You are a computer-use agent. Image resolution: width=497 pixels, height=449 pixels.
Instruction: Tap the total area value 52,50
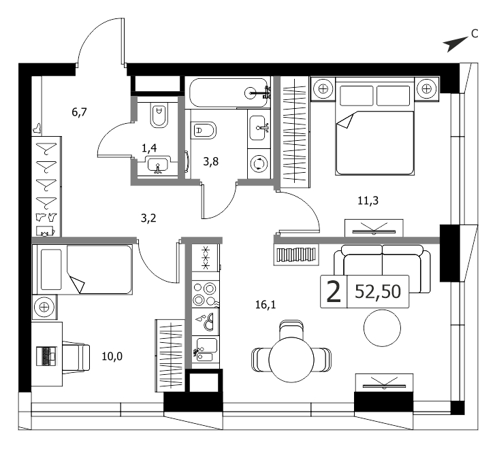(378, 292)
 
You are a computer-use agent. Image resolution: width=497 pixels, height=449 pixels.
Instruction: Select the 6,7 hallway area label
(79, 112)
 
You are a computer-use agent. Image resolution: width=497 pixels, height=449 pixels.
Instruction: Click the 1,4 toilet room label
(149, 148)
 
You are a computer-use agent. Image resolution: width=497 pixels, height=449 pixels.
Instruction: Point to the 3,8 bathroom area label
(211, 161)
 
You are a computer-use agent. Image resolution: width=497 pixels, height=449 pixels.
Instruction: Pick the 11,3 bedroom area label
(368, 201)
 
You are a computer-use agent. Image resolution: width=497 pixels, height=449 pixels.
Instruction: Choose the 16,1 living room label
(266, 305)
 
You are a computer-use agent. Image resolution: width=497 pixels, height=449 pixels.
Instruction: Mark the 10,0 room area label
(112, 356)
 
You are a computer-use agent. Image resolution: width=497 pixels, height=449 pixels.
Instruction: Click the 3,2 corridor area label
(148, 218)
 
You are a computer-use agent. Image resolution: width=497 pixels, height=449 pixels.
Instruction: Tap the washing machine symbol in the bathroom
(259, 164)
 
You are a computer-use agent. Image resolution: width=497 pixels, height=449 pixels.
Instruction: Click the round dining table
(291, 360)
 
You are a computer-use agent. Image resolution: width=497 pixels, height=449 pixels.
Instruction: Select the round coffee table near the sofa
(382, 328)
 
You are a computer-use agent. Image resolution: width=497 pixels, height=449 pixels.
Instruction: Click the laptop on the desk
(46, 356)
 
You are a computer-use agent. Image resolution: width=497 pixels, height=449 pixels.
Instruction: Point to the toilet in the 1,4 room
(159, 116)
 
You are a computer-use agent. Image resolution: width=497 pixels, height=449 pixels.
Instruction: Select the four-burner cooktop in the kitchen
(206, 293)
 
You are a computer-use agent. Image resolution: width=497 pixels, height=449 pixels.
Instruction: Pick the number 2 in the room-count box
(334, 292)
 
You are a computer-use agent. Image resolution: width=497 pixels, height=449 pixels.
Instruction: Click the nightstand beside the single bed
(44, 307)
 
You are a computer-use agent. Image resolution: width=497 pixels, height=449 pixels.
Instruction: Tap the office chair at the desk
(76, 357)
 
